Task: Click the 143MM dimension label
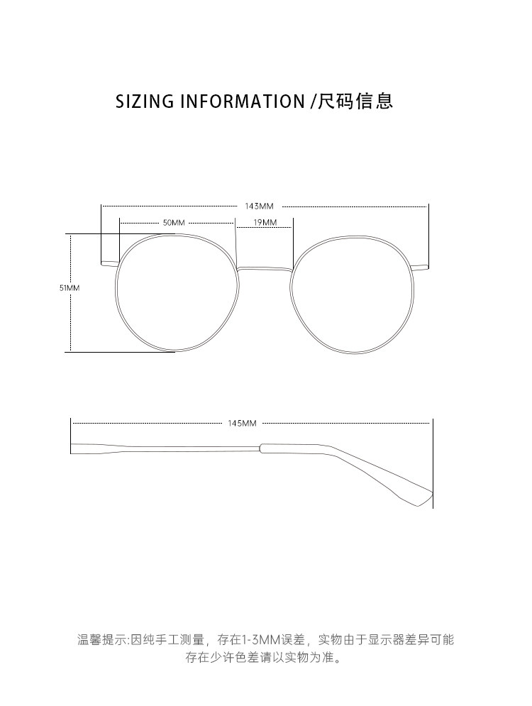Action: [x=259, y=206]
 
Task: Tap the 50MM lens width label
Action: [x=173, y=222]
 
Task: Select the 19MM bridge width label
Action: [x=265, y=222]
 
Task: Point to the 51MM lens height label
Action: [x=70, y=288]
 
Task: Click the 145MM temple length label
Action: [x=242, y=423]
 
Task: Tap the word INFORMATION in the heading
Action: [x=242, y=101]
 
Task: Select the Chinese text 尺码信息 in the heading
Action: [x=355, y=101]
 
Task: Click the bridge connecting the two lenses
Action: [x=265, y=268]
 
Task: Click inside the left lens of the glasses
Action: [x=177, y=293]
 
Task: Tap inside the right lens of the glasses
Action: [x=352, y=293]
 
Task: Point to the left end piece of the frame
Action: [x=109, y=264]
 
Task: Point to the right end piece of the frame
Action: [x=421, y=267]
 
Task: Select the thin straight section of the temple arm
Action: [x=184, y=448]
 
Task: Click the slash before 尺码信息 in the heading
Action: [x=313, y=101]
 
